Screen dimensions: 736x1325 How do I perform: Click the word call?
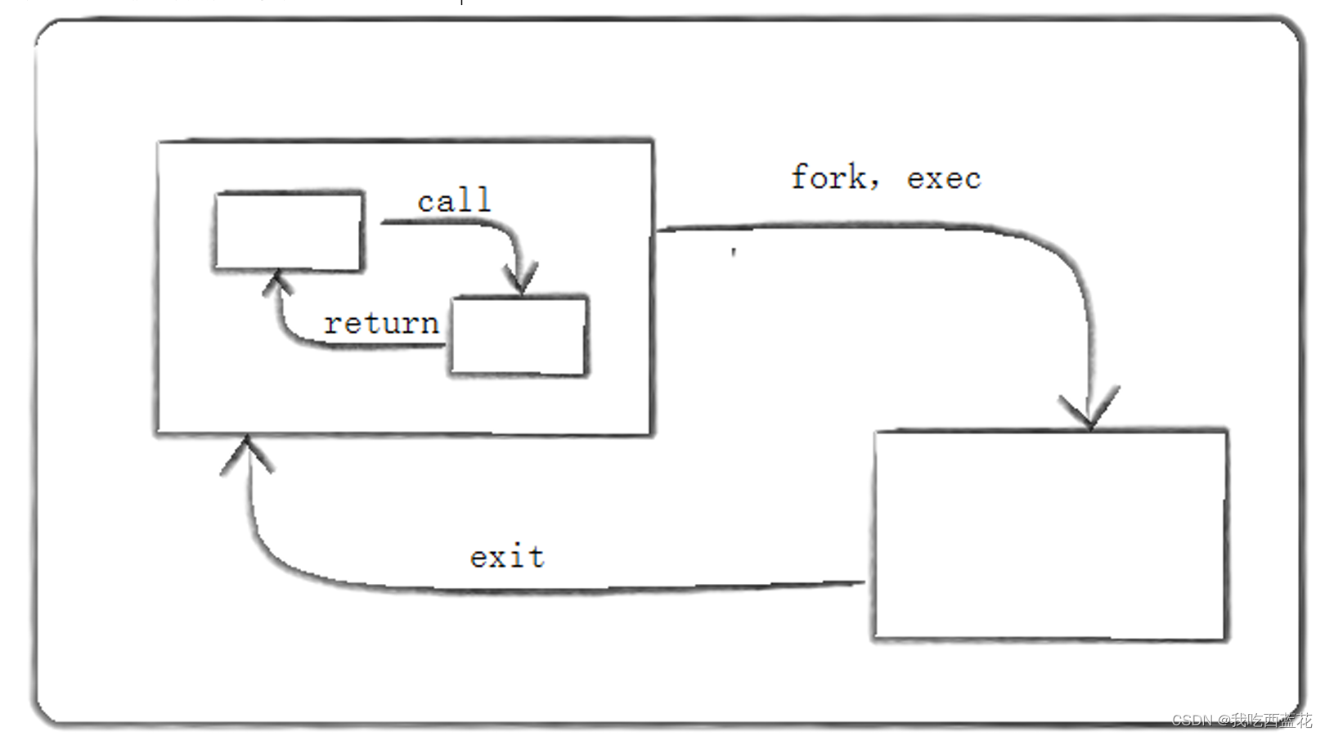pyautogui.click(x=454, y=200)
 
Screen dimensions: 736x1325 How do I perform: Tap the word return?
pyautogui.click(x=381, y=324)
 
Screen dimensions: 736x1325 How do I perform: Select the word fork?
pyautogui.click(x=828, y=177)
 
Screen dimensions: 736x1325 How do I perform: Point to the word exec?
pyautogui.click(x=944, y=179)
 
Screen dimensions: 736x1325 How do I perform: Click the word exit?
pyautogui.click(x=507, y=558)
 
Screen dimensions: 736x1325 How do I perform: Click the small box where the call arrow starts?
pyautogui.click(x=288, y=231)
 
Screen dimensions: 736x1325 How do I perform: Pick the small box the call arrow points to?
pyautogui.click(x=519, y=336)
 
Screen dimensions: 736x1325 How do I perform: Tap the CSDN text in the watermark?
pyautogui.click(x=1192, y=720)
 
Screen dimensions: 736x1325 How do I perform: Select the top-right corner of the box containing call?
pyautogui.click(x=652, y=141)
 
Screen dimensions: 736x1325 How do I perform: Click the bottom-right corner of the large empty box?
pyautogui.click(x=1225, y=638)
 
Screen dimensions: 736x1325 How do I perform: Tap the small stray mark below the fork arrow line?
pyautogui.click(x=734, y=252)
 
